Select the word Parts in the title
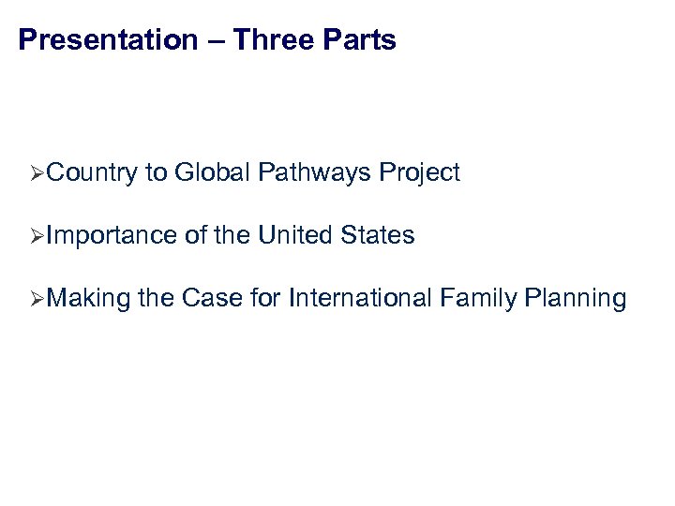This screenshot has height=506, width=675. click(x=360, y=40)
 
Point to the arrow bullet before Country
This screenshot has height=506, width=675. click(x=37, y=173)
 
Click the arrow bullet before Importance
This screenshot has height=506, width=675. click(x=37, y=236)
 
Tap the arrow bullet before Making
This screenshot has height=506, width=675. click(x=37, y=300)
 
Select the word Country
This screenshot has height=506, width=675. click(x=91, y=173)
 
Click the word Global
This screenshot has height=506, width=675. click(x=212, y=173)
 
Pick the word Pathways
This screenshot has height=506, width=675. click(x=314, y=173)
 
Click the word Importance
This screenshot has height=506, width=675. click(x=112, y=236)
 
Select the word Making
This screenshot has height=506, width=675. click(x=88, y=300)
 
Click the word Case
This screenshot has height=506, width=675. click(x=212, y=300)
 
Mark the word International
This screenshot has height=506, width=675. click(x=361, y=300)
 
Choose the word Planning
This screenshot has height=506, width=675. click(x=576, y=300)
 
